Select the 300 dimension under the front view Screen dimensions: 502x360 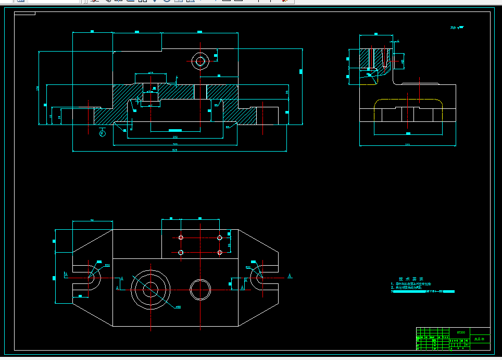point(175,144)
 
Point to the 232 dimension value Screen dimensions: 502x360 point(175,137)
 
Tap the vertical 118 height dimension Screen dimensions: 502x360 point(37,88)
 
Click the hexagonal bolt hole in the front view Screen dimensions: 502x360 point(199,61)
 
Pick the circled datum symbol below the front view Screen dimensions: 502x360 point(102,133)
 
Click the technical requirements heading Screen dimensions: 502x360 point(411,279)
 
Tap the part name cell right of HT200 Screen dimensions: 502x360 point(480,339)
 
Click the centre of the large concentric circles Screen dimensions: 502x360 point(150,290)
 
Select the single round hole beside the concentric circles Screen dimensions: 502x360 point(200,289)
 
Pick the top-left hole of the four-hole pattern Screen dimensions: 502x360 point(181,238)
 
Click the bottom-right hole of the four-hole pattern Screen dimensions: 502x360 point(220,252)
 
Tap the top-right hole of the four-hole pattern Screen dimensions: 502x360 point(220,238)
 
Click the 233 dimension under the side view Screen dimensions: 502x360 point(407,145)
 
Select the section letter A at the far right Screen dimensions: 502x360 point(290,275)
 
